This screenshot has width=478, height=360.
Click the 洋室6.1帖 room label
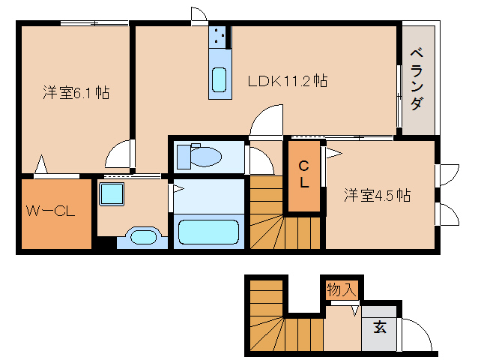76,93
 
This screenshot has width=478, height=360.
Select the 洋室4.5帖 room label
378,196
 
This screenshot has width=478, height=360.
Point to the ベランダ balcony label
417,79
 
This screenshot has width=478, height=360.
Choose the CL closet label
304,175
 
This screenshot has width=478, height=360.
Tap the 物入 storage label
342,289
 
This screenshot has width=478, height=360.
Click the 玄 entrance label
380,328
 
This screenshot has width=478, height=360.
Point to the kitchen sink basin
219,78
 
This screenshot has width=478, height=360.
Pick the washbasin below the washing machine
142,237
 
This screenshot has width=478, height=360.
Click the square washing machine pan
113,195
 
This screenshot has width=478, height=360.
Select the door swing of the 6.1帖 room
121,154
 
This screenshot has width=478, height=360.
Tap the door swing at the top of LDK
199,15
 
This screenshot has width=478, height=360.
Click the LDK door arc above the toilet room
265,121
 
